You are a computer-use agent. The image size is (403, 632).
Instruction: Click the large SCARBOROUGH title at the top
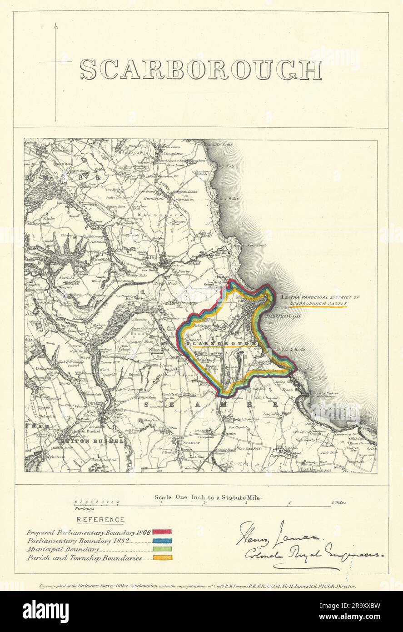(x=200, y=70)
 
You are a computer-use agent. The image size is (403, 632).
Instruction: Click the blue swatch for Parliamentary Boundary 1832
(x=162, y=541)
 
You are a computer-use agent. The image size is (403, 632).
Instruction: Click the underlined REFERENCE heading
(x=100, y=520)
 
